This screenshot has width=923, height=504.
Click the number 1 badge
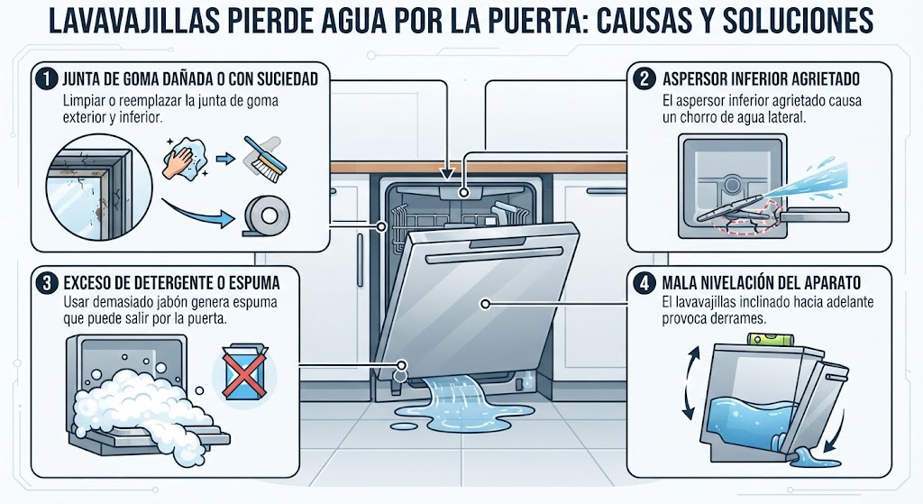click(46, 79)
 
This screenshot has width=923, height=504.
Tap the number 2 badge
click(644, 78)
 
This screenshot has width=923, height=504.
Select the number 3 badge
click(46, 282)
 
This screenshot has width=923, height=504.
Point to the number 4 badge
click(644, 282)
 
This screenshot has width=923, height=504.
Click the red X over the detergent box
click(243, 372)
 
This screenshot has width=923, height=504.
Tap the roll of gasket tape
click(266, 215)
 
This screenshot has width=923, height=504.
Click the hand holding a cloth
click(185, 157)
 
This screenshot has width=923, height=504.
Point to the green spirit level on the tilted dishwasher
click(771, 340)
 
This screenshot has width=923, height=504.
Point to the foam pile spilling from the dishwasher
click(142, 407)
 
